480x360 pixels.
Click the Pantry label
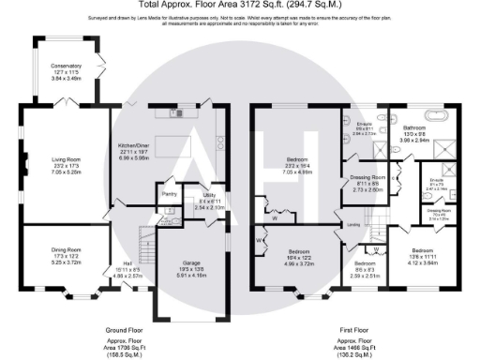click(x=170, y=194)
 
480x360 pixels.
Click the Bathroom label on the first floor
click(x=414, y=135)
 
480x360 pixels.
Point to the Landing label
click(x=352, y=225)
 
